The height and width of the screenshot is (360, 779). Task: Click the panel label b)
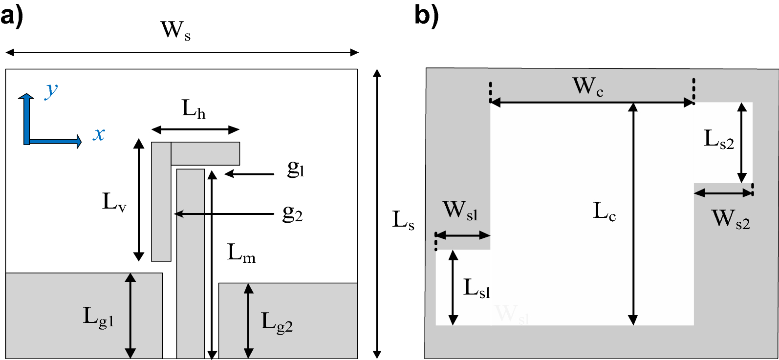tap(427, 15)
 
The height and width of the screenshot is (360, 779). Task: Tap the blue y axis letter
tap(50, 90)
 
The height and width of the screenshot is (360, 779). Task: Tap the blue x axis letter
tap(99, 134)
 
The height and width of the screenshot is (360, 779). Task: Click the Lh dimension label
tap(194, 109)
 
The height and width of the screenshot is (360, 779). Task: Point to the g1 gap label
tap(296, 169)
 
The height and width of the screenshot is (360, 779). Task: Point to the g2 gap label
tap(293, 213)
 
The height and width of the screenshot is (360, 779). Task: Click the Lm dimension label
tap(241, 253)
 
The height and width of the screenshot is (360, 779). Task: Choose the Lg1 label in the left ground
tap(98, 318)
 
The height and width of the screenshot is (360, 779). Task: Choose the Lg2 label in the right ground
tap(277, 322)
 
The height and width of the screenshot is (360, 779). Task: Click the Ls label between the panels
tap(403, 220)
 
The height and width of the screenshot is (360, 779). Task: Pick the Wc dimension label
tap(587, 87)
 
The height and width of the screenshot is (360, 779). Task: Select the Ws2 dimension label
tap(731, 218)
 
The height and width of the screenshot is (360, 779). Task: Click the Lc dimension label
tap(605, 212)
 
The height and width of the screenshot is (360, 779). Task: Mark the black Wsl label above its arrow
tap(460, 211)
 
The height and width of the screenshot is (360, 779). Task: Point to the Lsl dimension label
tap(476, 288)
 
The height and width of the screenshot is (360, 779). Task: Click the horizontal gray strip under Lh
tap(205, 153)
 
